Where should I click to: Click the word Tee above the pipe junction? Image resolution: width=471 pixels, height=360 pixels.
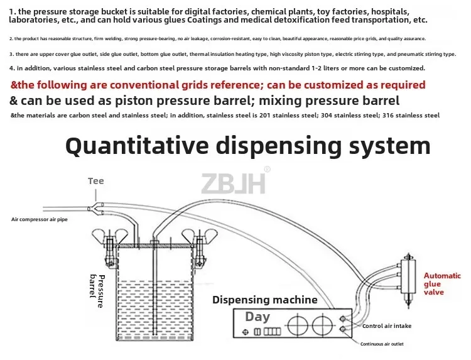[x=96, y=181]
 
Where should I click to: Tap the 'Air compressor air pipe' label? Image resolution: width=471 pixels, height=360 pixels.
[x=40, y=219]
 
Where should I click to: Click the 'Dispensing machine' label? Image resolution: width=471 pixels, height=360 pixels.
[x=264, y=300]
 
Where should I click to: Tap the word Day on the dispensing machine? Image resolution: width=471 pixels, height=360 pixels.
[x=257, y=317]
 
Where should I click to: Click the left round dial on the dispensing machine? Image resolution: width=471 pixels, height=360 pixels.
[x=296, y=327]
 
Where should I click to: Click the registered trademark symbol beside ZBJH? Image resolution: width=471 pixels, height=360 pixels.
[x=267, y=170]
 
